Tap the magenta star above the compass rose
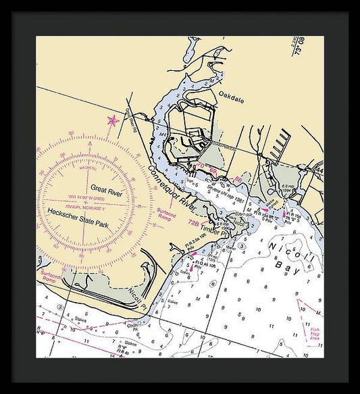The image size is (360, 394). pyautogui.click(x=112, y=120)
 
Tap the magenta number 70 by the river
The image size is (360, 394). pyautogui.click(x=199, y=166)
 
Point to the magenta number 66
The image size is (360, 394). pyautogui.click(x=238, y=179)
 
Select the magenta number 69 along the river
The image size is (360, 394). pyautogui.click(x=213, y=169)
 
